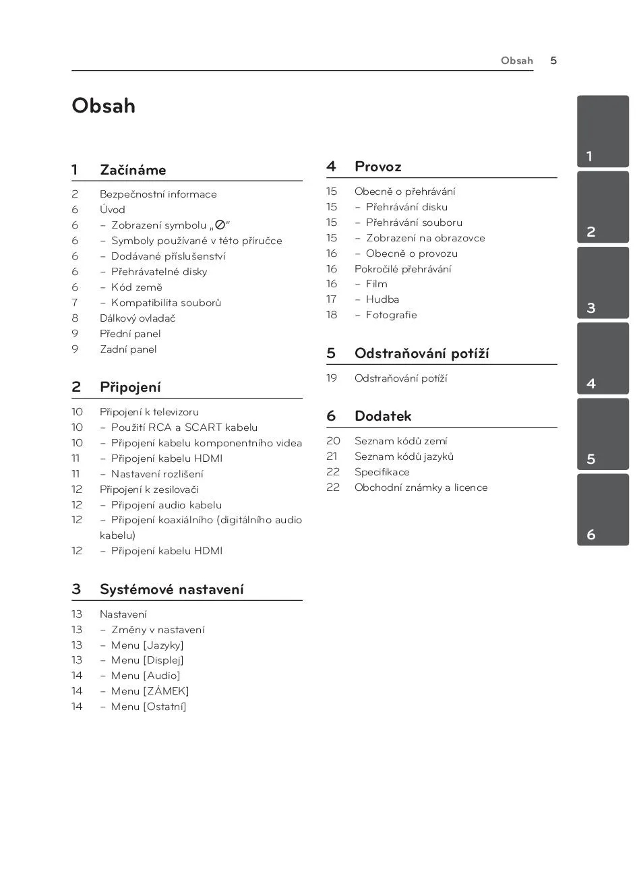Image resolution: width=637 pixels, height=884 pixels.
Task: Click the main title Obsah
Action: coord(103,106)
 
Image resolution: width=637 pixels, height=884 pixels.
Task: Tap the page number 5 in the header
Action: coord(553,61)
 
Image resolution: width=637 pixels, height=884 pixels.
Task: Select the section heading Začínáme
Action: coord(133,170)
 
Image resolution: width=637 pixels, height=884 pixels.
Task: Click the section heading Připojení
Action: coord(130,387)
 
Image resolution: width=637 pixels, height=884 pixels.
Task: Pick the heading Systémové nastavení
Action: coord(171,589)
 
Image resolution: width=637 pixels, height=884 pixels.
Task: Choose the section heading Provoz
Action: coord(377,167)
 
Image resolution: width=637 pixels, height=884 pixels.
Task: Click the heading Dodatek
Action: coord(382,416)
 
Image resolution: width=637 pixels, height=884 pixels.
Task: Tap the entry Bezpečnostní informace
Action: coord(158,194)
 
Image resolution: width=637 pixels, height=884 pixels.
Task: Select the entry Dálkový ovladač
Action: coord(138,318)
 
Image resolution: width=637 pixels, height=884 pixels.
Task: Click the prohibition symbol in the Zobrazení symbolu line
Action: coord(220,225)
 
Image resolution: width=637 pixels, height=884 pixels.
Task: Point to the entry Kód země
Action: coord(136,287)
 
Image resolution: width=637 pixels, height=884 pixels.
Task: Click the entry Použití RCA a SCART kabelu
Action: coord(184,428)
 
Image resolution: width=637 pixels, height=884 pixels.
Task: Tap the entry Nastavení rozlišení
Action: coord(157,474)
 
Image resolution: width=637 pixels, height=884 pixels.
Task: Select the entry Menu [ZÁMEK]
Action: coord(150,691)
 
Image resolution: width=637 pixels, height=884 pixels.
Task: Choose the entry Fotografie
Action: coord(391,315)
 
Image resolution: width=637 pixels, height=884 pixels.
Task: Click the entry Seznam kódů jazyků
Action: coord(404,456)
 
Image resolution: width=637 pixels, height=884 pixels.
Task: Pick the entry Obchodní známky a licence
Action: coord(421,488)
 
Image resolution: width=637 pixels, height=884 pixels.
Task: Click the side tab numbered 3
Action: coord(603,283)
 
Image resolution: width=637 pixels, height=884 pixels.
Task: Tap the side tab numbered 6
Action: coord(603,510)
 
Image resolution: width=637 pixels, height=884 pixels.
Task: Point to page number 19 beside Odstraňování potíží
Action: coord(332,378)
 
